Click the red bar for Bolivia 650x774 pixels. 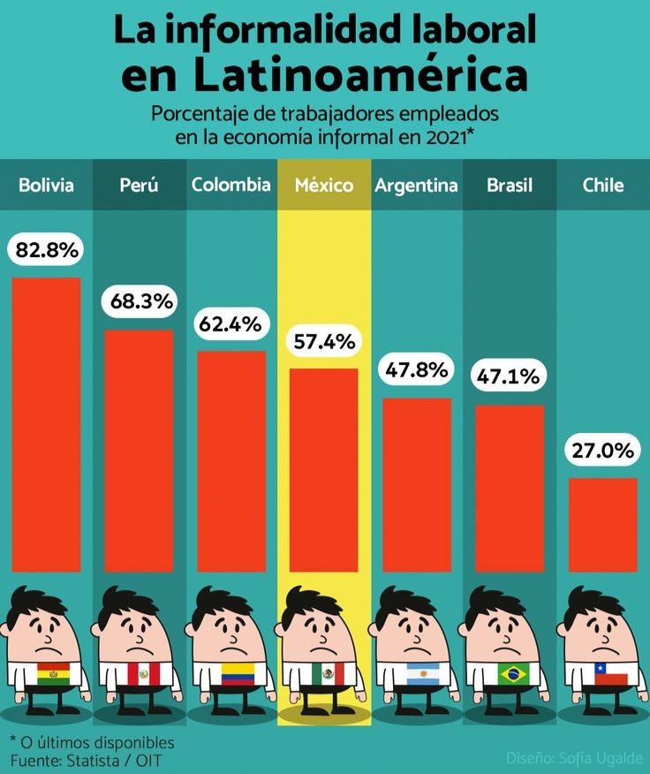coord(46,424)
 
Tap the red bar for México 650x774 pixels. coord(324,469)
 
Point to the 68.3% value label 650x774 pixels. coord(140,301)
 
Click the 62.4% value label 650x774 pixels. coord(231,323)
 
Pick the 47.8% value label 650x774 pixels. coord(416,369)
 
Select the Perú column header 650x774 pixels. coord(139,185)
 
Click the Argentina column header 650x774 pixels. coord(416,185)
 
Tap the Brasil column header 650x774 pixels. coord(510,185)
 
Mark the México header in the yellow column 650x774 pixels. coord(324,185)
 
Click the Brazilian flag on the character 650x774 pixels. coord(510,674)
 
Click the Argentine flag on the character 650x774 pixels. coord(419,674)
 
